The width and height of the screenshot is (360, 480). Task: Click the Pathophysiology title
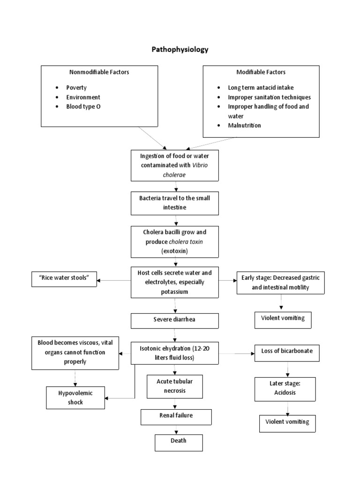pos(180,49)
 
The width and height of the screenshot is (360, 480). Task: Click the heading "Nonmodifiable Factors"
pos(99,72)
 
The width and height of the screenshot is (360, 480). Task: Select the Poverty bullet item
pos(76,88)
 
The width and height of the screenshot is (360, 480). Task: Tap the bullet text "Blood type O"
pos(83,106)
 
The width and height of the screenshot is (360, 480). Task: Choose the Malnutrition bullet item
pos(245,125)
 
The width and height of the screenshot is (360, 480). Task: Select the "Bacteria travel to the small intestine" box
pos(174,202)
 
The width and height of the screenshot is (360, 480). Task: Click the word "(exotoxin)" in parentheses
pos(174,251)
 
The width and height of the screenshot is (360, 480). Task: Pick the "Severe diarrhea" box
pos(175,321)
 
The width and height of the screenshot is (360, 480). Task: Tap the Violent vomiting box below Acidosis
pos(287,422)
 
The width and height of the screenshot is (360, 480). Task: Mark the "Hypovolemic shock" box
pos(75,397)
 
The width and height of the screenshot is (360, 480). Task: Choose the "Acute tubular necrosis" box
pos(174,385)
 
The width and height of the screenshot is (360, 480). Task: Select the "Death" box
pos(179,442)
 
